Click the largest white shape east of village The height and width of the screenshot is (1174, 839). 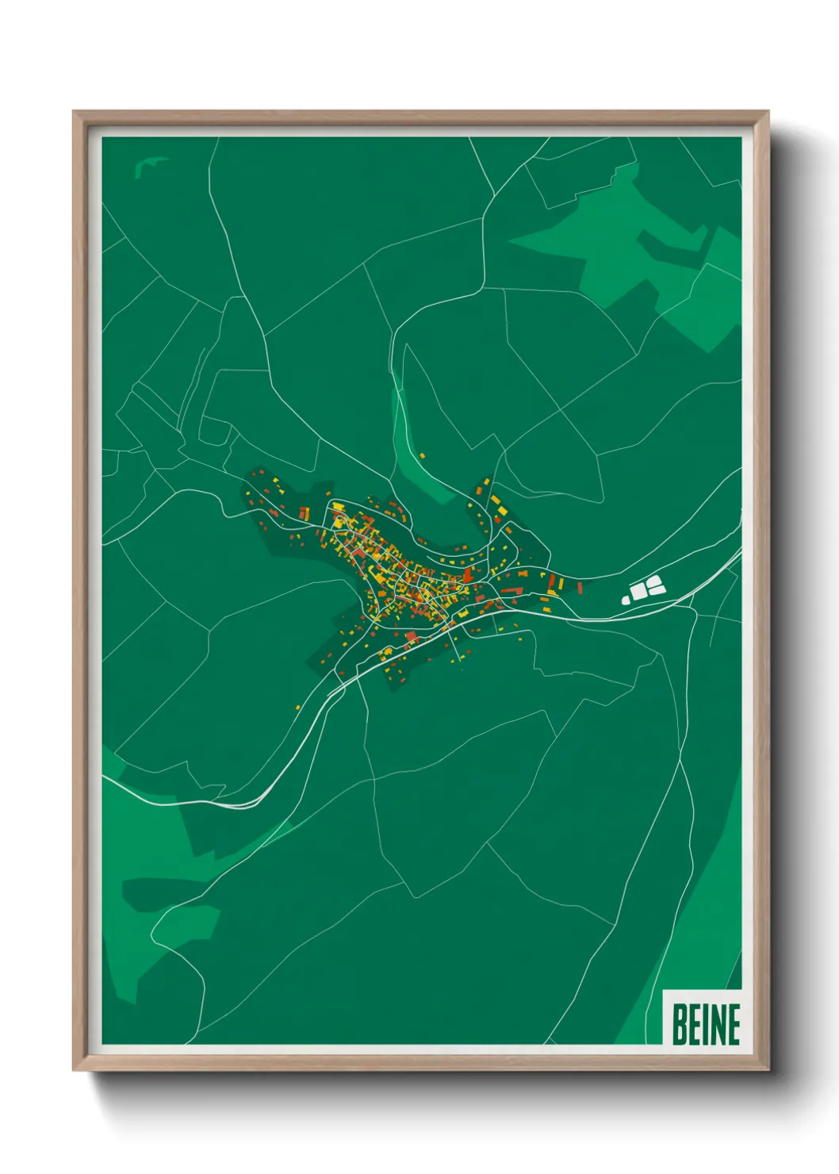pos(638,592)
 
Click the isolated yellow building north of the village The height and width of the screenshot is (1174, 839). pos(422,455)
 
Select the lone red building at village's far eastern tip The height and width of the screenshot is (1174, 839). pos(580,588)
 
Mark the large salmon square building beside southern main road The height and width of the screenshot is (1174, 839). pos(411,636)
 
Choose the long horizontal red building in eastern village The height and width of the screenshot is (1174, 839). pos(508,591)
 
